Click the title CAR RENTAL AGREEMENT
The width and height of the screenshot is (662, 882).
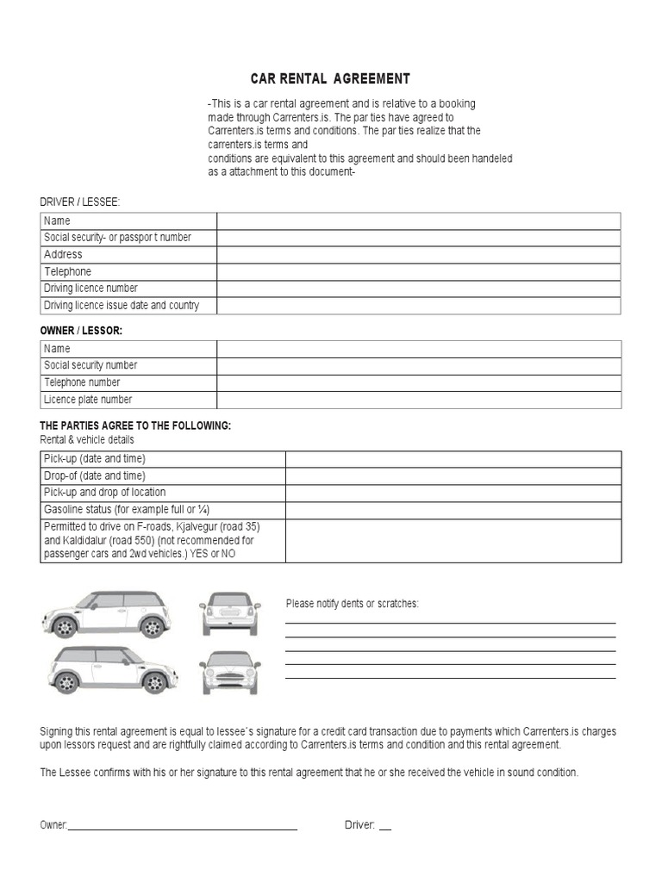[x=330, y=78]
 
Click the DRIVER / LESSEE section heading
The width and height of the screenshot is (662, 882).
[x=80, y=202]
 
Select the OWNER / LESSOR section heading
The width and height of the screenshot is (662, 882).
[x=81, y=330]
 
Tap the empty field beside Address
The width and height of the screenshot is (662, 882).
[x=418, y=255]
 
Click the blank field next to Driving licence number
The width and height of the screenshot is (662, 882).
[x=418, y=289]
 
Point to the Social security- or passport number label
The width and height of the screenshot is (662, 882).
[x=117, y=238]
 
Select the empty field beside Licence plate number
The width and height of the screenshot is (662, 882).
[x=418, y=400]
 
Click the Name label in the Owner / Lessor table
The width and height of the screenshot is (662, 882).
[x=57, y=349]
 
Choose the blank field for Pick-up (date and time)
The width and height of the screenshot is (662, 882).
[x=453, y=459]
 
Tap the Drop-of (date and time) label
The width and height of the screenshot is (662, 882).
[x=95, y=476]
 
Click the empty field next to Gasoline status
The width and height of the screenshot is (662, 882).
[x=453, y=510]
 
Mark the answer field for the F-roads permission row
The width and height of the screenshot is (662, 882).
[x=453, y=541]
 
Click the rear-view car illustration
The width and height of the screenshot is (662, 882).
[x=229, y=613]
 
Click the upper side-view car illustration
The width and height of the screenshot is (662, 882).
[x=107, y=613]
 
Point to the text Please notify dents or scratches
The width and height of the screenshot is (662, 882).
[x=352, y=604]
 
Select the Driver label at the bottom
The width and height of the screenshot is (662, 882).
[x=359, y=825]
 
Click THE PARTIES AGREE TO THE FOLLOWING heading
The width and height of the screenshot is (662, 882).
[x=135, y=426]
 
